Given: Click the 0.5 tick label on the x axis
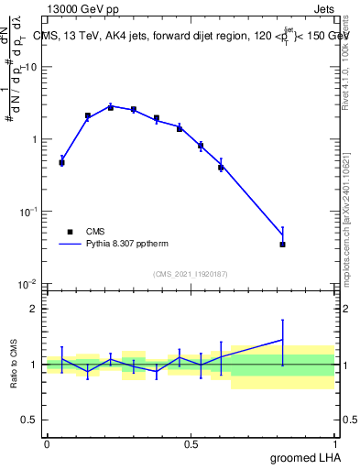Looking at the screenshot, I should (x=191, y=443).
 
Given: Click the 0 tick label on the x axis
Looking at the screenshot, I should (x=47, y=443).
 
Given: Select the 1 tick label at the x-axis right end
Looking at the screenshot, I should (x=335, y=443).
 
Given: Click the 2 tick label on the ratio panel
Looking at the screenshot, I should (x=34, y=309).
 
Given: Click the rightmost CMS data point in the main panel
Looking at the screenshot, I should (x=283, y=245).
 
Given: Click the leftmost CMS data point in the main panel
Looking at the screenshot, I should (x=61, y=162).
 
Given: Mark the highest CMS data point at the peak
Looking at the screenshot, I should (x=111, y=107).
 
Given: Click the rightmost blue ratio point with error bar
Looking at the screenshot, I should (x=283, y=340).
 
